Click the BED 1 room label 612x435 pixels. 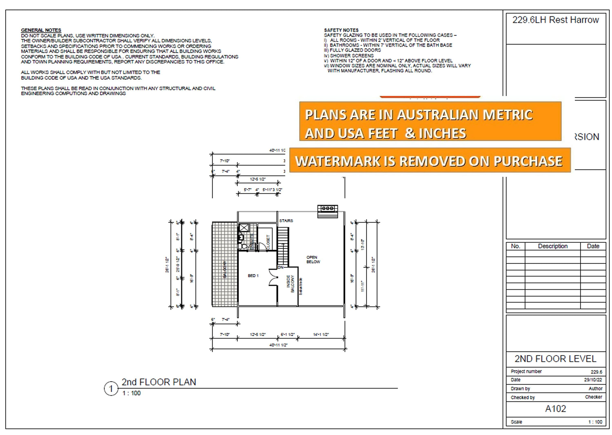[x=253, y=276]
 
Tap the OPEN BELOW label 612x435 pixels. [x=313, y=260]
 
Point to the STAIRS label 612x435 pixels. [x=286, y=221]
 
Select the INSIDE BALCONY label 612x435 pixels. [x=290, y=284]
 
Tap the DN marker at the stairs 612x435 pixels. [x=280, y=267]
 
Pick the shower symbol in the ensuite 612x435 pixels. [x=244, y=228]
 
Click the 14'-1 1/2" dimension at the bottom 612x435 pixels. [x=321, y=334]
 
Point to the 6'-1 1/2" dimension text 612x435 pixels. [x=288, y=334]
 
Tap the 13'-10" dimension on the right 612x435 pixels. [x=363, y=244]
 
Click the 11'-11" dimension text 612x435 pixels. [x=363, y=286]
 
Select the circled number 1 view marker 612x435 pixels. [x=111, y=389]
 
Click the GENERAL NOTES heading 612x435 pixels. [x=41, y=30]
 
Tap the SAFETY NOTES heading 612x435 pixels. [x=341, y=30]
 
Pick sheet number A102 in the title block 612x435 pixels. [x=555, y=409]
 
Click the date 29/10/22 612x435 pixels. [x=593, y=380]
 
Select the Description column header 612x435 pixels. [x=553, y=246]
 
